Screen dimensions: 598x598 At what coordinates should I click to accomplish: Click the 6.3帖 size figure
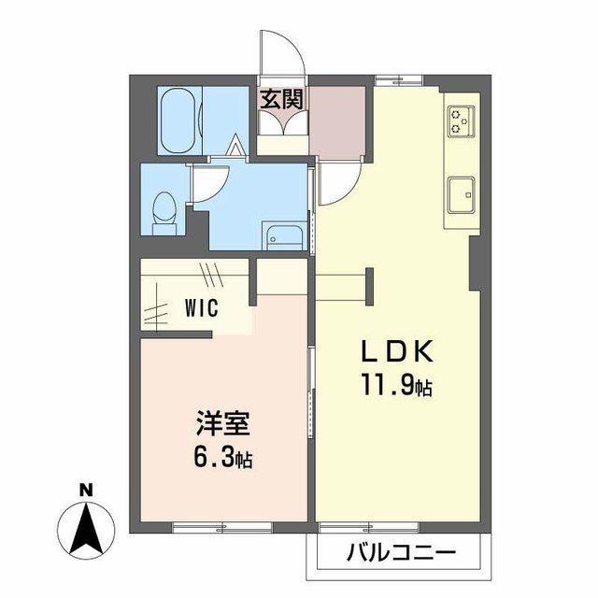point(221,459)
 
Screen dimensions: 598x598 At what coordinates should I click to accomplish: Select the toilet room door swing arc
point(207,182)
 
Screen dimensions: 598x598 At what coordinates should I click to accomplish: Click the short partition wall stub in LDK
point(371,286)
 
